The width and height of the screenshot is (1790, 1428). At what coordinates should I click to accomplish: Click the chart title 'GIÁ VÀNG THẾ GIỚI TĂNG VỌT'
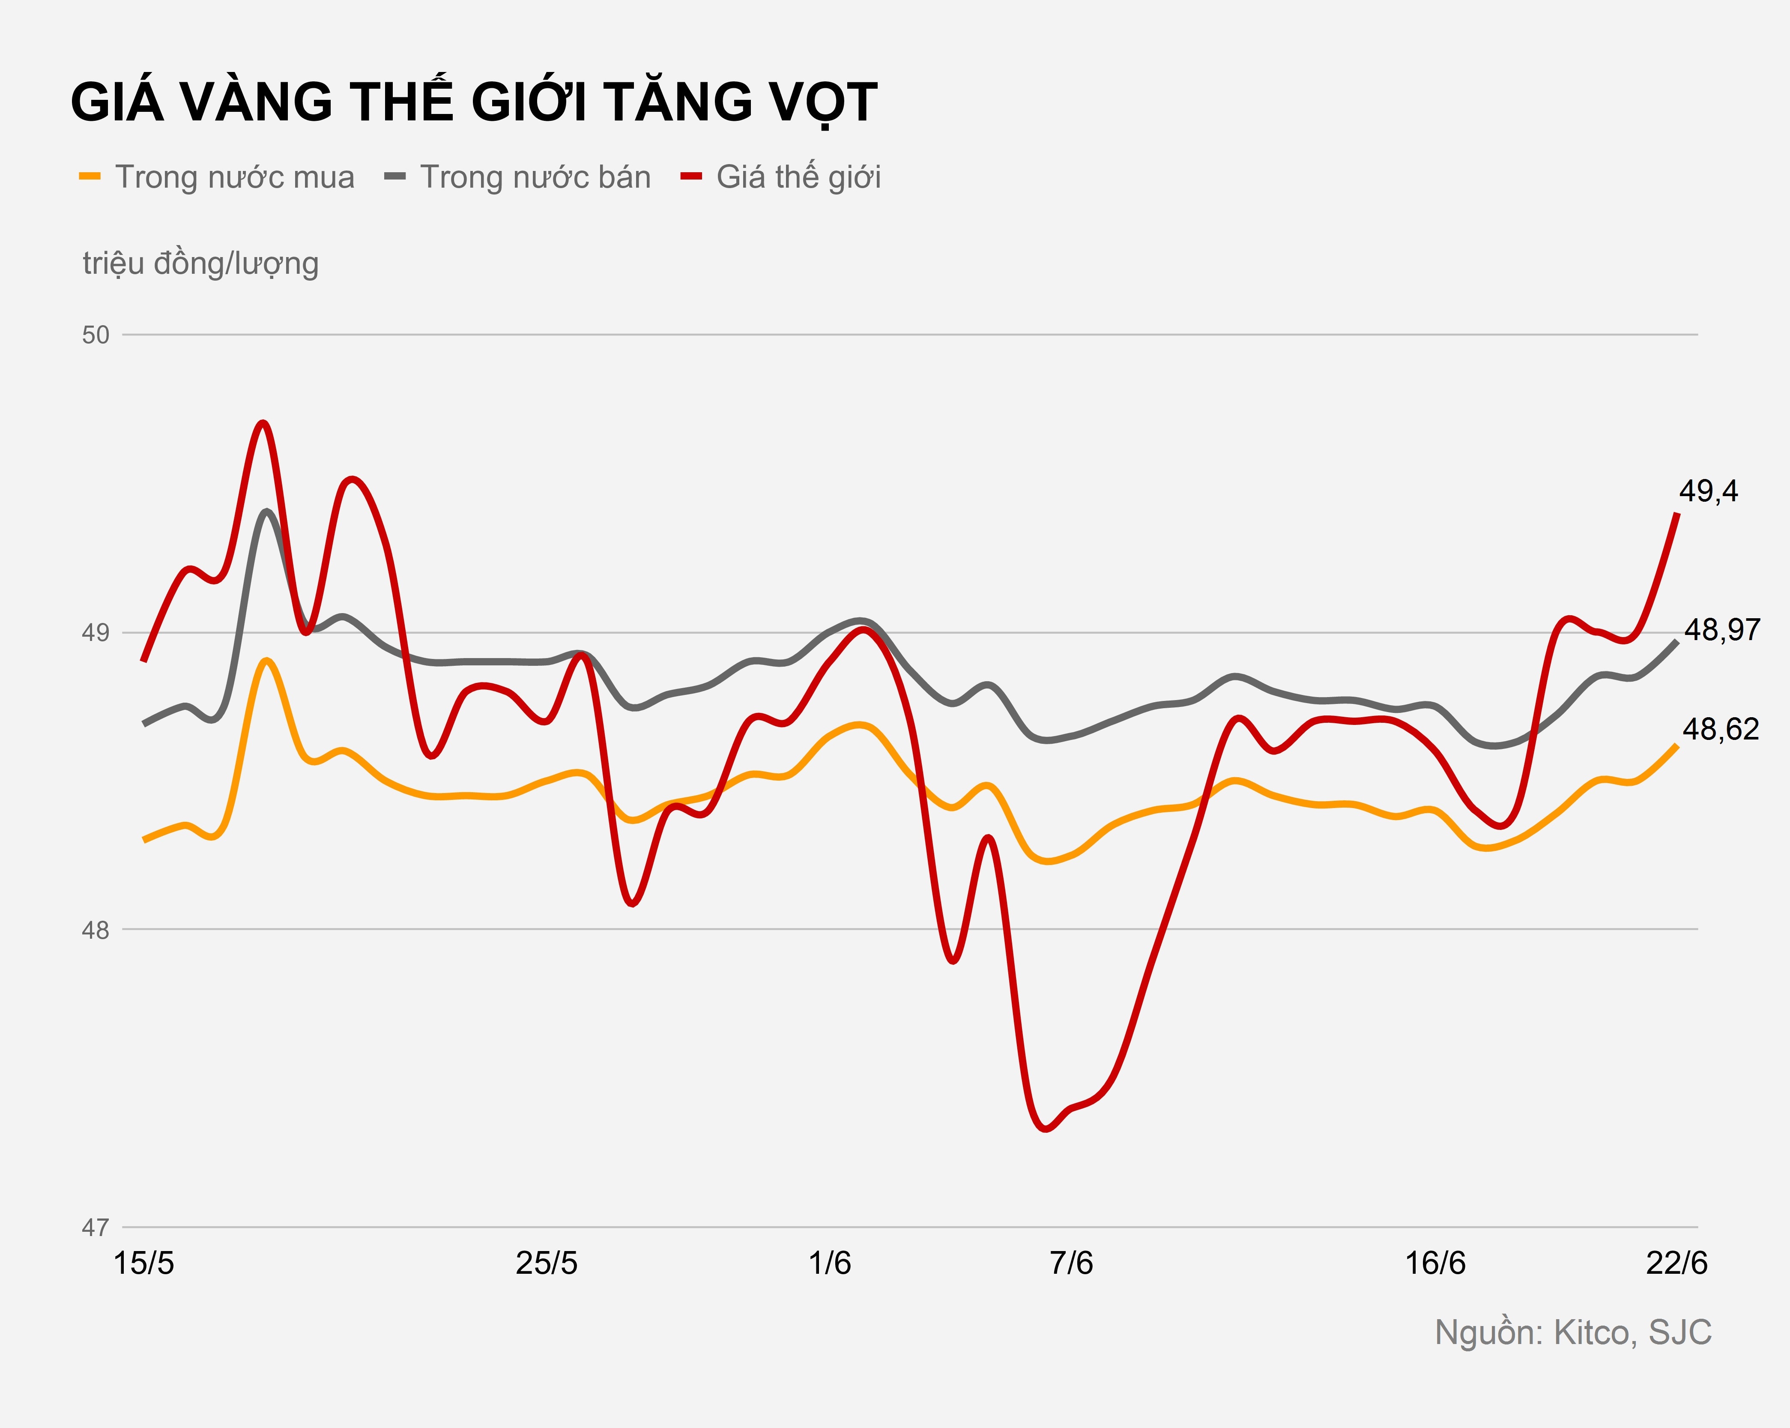coord(473,103)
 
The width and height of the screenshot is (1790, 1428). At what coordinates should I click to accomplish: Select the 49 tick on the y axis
coord(96,633)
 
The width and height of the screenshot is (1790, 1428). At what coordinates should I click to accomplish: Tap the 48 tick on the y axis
coord(96,930)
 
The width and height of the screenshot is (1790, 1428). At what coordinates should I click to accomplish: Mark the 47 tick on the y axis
coord(96,1227)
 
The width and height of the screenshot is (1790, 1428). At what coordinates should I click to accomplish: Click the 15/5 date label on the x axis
coord(143,1263)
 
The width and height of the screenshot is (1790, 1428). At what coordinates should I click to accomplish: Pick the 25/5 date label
coord(546,1263)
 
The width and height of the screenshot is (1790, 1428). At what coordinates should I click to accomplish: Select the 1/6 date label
coord(829,1263)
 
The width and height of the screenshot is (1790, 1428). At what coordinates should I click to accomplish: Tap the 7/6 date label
coord(1071,1263)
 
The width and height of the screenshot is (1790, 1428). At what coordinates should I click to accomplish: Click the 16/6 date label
coord(1434,1263)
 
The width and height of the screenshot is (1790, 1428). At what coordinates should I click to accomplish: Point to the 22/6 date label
coord(1676,1263)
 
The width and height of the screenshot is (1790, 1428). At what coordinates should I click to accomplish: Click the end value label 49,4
coord(1708,491)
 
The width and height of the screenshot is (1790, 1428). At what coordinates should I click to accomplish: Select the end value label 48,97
coord(1721,630)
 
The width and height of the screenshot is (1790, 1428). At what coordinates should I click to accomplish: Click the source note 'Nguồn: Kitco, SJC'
coord(1572,1332)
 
